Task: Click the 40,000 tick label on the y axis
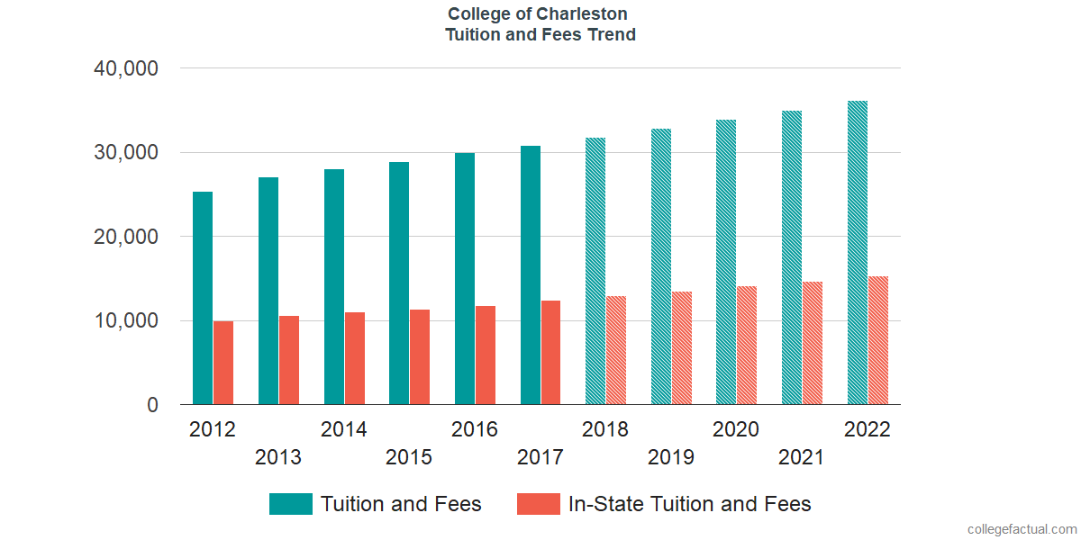pos(126,68)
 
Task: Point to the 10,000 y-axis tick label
pos(126,321)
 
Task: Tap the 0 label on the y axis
pos(152,406)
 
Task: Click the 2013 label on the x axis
pos(278,457)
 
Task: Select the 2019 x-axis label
pos(671,457)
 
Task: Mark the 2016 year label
pos(475,429)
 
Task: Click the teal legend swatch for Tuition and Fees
pos(291,504)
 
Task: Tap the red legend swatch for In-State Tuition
pos(539,504)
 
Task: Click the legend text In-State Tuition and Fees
pos(689,504)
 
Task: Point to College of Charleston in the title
pos(538,14)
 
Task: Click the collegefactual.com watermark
pos(1022,529)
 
